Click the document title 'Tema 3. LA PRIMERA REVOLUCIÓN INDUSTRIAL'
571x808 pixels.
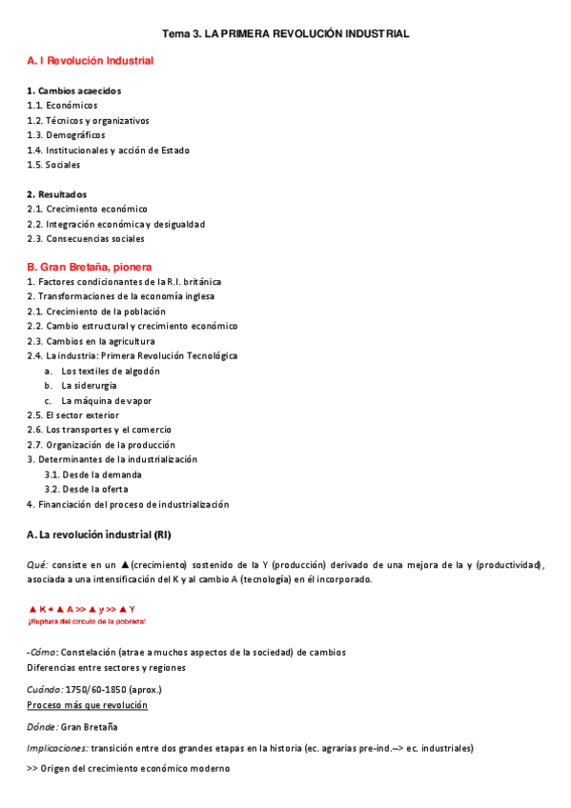[286, 33]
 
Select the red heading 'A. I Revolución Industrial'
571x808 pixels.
[91, 61]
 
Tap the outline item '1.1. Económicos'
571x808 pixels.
[62, 106]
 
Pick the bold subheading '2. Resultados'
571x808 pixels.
[56, 194]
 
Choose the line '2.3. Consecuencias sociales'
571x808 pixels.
[86, 239]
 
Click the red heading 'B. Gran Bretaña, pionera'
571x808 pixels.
[90, 267]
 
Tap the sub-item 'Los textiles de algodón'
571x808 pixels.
[111, 371]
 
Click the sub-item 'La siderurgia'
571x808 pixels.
[90, 386]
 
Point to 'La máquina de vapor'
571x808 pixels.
[107, 401]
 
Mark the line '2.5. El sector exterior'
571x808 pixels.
[73, 415]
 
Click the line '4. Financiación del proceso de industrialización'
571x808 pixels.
[128, 504]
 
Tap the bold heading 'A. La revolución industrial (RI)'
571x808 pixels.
[99, 535]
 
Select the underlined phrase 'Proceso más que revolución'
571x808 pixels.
[87, 704]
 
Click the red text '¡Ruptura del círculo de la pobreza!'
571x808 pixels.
[87, 621]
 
